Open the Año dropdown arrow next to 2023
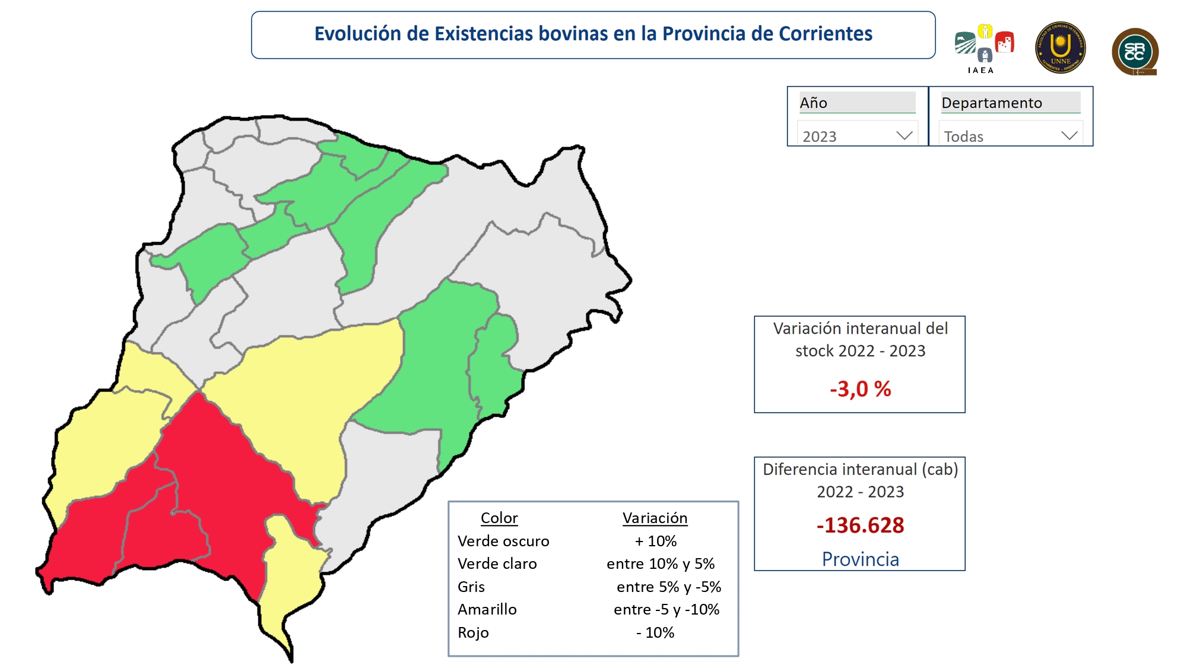[904, 135]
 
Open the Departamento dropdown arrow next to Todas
[1069, 135]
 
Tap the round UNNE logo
[1061, 48]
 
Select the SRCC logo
[1135, 52]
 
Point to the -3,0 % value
[860, 389]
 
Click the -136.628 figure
[860, 525]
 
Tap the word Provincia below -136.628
[860, 559]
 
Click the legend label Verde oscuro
[503, 541]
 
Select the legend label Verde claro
[497, 563]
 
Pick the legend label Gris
[471, 587]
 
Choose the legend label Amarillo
[487, 609]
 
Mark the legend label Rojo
[473, 632]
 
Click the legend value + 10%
[655, 541]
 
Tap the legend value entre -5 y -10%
[667, 609]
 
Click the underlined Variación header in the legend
[655, 518]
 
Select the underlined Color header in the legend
[499, 518]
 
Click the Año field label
[813, 103]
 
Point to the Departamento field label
[991, 103]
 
